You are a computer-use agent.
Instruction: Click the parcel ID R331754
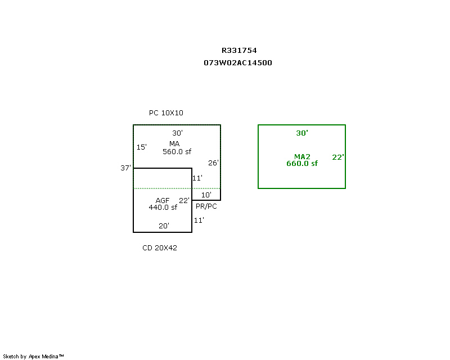click(239, 51)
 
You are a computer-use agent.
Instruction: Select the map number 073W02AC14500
click(238, 63)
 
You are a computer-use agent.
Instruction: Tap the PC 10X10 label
click(166, 113)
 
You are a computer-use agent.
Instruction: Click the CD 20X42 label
click(160, 247)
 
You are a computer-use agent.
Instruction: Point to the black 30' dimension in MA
click(177, 133)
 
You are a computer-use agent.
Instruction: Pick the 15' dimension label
click(142, 147)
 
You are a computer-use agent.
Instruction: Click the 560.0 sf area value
click(177, 151)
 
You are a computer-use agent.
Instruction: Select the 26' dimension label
click(213, 163)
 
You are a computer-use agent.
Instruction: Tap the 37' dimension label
click(125, 168)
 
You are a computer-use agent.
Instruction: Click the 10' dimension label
click(206, 195)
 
